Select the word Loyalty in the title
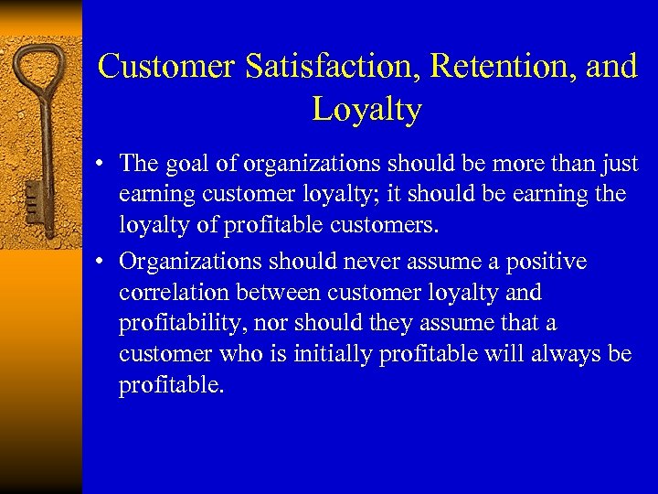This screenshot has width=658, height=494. [x=366, y=109]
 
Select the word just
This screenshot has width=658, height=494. [x=620, y=163]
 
